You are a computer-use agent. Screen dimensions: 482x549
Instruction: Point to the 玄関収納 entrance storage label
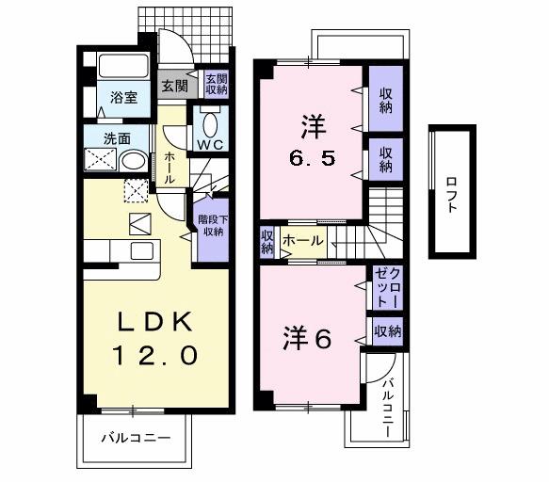[215, 85]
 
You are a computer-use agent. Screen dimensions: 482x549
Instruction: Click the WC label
[209, 144]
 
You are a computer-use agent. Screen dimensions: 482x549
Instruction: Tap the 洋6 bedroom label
[307, 339]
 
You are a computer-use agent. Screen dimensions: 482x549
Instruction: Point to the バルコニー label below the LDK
[135, 438]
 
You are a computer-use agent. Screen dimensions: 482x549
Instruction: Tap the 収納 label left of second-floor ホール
[267, 241]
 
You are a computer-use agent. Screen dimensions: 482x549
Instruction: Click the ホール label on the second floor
[302, 241]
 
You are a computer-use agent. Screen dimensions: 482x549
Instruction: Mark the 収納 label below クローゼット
[387, 330]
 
